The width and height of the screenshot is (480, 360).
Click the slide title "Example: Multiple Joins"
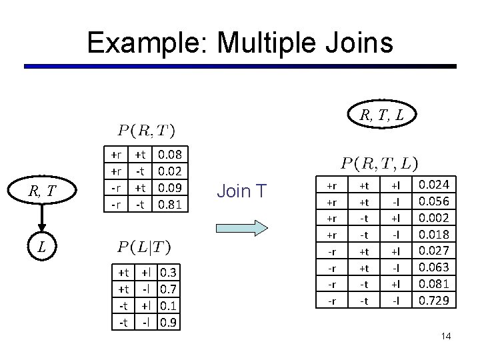[240, 42]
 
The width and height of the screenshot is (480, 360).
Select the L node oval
[41, 247]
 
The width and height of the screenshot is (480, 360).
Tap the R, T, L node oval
[381, 115]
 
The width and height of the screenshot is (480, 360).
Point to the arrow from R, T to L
[41, 220]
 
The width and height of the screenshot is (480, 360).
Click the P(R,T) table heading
[147, 128]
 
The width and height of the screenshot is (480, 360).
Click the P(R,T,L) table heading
[380, 163]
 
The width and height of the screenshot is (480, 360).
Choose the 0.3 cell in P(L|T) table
[168, 273]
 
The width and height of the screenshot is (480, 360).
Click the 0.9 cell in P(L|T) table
[168, 323]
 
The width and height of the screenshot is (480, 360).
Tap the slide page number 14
[446, 336]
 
